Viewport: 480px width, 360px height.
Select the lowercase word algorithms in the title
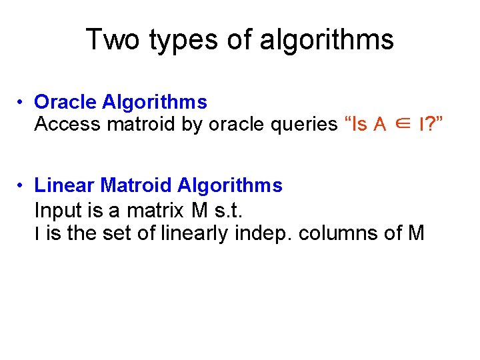pyautogui.click(x=327, y=40)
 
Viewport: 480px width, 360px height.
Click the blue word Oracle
pyautogui.click(x=65, y=102)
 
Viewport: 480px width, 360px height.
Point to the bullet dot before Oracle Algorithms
pyautogui.click(x=22, y=103)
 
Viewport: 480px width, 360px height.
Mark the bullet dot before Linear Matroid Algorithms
pyautogui.click(x=22, y=186)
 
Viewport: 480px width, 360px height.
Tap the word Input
pyautogui.click(x=57, y=211)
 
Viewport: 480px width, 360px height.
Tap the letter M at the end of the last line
pyautogui.click(x=416, y=233)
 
